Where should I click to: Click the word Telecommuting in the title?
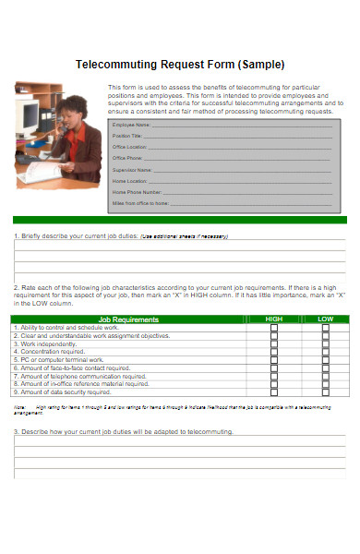[114, 65]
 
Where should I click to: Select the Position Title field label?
[126, 135]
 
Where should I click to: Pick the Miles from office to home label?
[140, 202]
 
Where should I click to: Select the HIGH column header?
[273, 319]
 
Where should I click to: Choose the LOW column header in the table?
[325, 319]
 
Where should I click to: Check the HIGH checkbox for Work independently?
[273, 343]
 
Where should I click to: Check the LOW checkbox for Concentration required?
[325, 352]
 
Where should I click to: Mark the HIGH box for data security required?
[273, 392]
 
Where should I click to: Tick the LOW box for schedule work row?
[325, 328]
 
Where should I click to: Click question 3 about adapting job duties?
[124, 431]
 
